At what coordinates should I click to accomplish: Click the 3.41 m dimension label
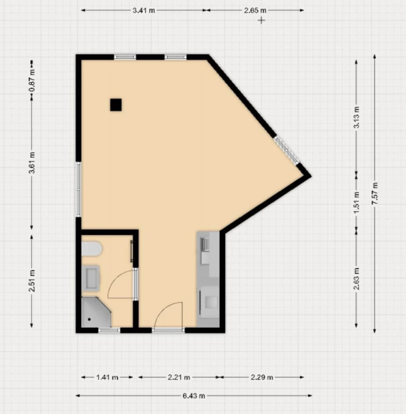click(144, 11)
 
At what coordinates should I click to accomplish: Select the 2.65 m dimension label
click(255, 11)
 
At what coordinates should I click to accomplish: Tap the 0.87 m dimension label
click(32, 80)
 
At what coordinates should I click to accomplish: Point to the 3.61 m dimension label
click(32, 163)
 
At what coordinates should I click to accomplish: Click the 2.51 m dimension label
click(32, 281)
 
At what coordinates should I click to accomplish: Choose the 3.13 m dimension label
click(356, 117)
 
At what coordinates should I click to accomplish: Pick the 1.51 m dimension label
click(356, 203)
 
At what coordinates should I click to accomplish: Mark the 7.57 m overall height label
click(375, 193)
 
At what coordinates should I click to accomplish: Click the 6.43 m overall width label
click(193, 396)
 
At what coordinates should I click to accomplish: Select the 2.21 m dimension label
click(179, 377)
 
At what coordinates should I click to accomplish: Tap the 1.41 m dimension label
click(107, 377)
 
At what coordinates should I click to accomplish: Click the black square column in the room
click(116, 105)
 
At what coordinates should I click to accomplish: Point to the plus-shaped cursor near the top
click(261, 20)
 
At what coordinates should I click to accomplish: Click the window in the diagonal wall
click(287, 150)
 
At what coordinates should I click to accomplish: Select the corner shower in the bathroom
click(96, 312)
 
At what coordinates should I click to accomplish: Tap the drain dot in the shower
click(90, 320)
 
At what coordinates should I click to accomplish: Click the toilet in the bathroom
click(91, 249)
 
